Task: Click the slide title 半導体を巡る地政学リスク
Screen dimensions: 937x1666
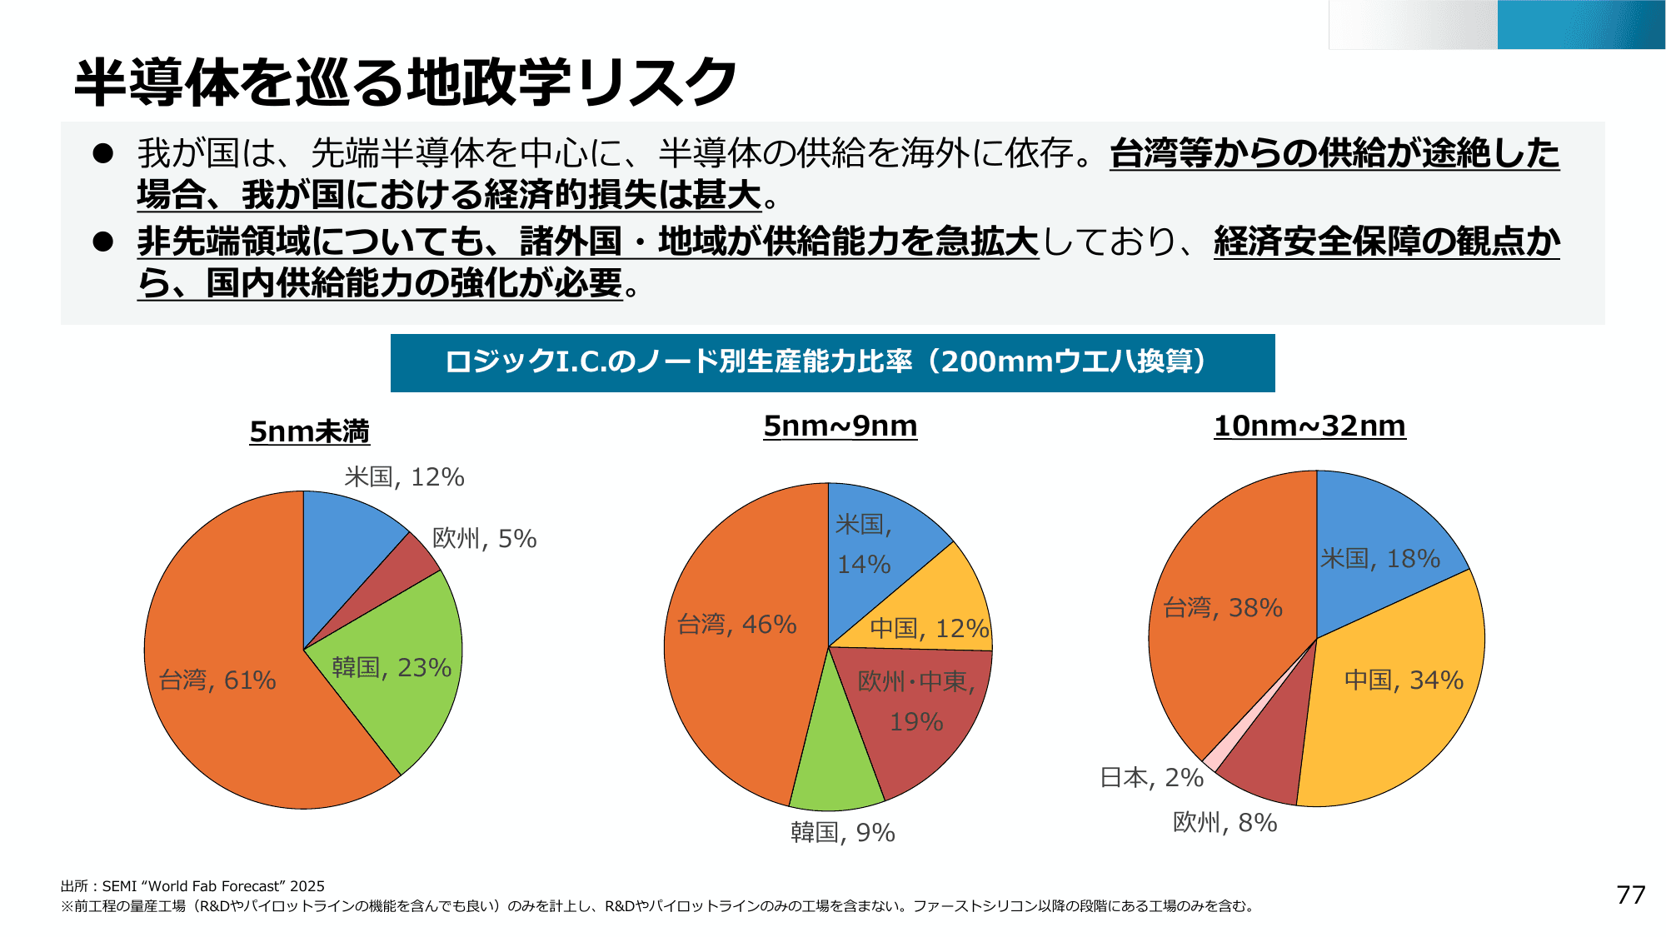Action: (x=405, y=82)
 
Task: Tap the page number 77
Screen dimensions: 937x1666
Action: (x=1630, y=895)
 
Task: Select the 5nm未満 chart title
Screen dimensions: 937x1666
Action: (x=309, y=431)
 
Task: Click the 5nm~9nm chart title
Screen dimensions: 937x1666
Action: (x=840, y=426)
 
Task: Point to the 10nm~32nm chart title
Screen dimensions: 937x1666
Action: (x=1309, y=426)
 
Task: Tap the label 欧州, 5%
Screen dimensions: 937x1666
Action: (x=484, y=539)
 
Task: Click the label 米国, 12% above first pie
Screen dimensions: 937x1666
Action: (x=404, y=477)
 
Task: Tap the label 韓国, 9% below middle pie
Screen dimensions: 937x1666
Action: (x=842, y=832)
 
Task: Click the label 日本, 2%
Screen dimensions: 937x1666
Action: (x=1151, y=777)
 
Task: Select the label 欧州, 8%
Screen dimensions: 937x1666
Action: (x=1225, y=822)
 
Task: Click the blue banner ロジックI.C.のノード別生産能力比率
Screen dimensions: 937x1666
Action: (x=832, y=362)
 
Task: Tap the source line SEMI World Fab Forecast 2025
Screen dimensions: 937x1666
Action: (x=192, y=886)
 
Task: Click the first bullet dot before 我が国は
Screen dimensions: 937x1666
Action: (x=103, y=153)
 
